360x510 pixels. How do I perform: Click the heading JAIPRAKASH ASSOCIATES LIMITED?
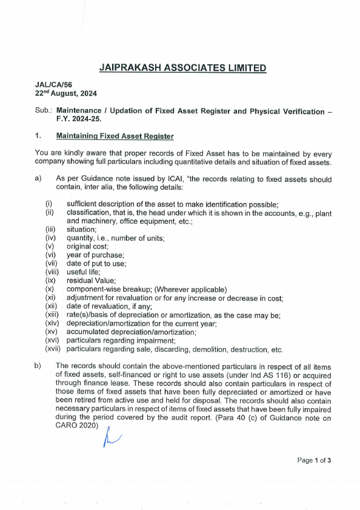tap(182, 68)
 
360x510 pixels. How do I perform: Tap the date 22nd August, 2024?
tap(65, 94)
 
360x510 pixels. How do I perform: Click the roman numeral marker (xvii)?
tap(55, 349)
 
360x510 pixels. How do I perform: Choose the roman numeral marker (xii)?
tap(53, 306)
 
